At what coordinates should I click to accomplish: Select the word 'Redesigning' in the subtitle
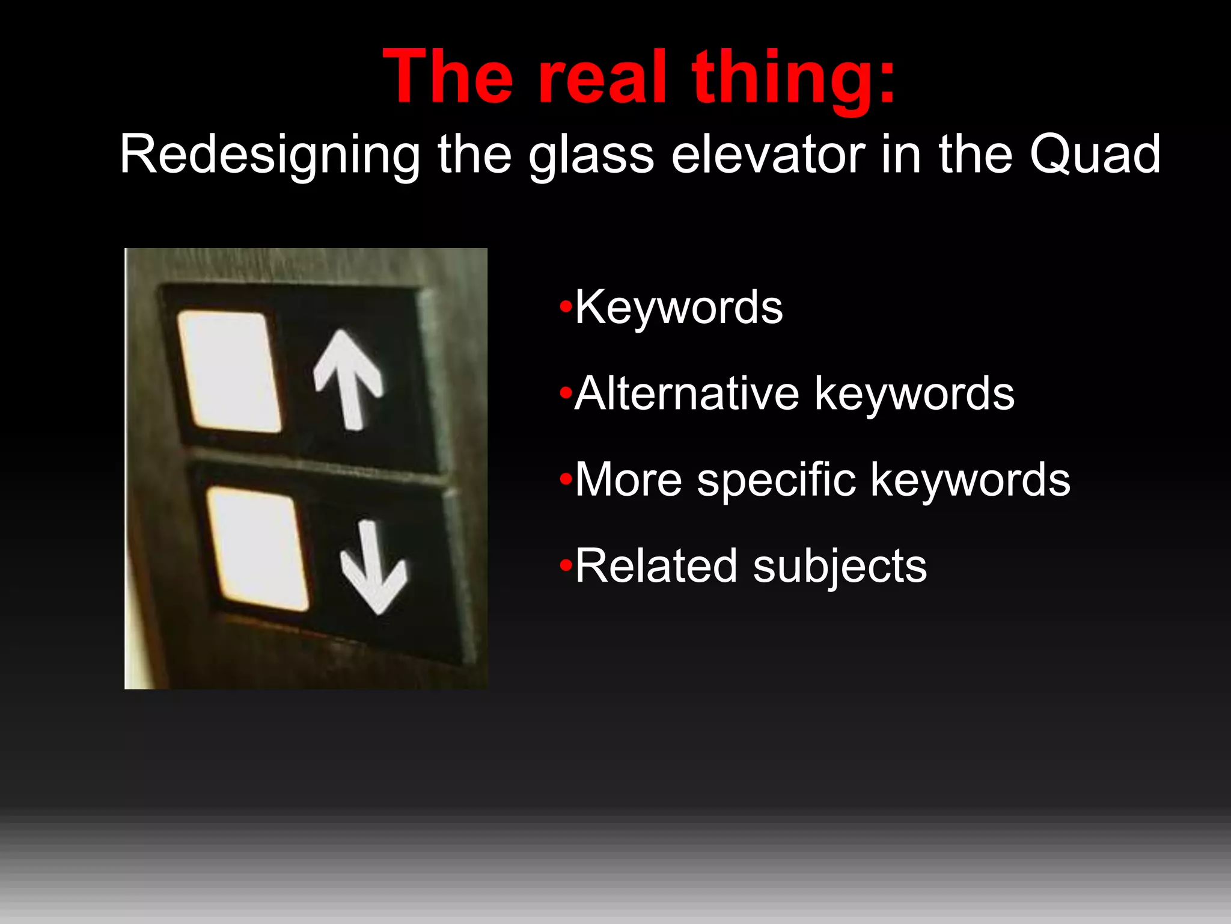click(x=270, y=156)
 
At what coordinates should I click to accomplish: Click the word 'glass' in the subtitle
click(x=591, y=156)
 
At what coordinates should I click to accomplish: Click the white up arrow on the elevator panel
click(x=349, y=379)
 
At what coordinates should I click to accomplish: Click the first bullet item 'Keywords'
click(x=679, y=307)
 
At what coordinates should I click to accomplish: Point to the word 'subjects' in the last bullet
click(x=840, y=567)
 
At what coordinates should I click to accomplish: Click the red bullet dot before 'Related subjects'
click(x=565, y=566)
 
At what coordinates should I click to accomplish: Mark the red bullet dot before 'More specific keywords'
click(x=565, y=480)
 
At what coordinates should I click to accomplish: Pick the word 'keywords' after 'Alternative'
click(x=914, y=393)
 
